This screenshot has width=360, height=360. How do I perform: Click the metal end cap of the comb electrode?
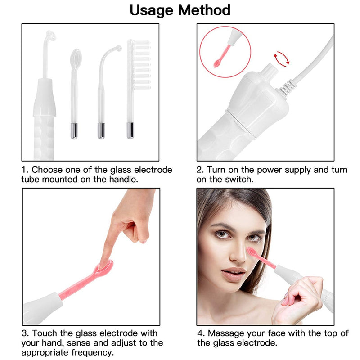click(x=130, y=130)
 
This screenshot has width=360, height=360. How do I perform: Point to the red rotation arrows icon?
click(x=281, y=58)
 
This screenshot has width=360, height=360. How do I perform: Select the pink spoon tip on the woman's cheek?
click(x=252, y=253)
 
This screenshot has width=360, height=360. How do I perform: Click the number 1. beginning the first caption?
click(x=25, y=170)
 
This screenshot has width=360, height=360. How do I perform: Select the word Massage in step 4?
click(x=225, y=333)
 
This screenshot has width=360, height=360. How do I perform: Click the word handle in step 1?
click(x=123, y=180)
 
